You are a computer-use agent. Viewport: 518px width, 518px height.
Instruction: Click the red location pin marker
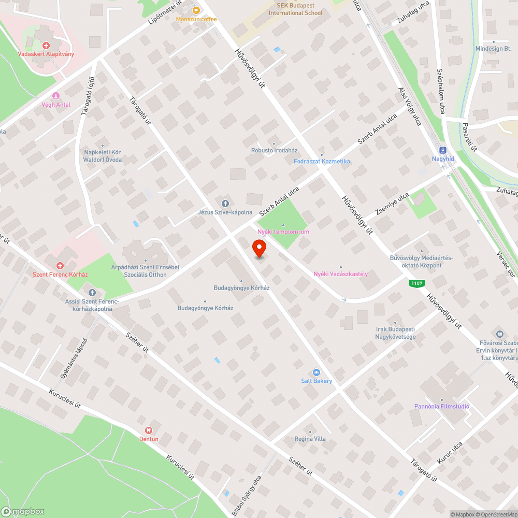click(x=260, y=249)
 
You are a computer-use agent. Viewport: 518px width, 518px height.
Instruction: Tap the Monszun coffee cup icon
click(x=196, y=10)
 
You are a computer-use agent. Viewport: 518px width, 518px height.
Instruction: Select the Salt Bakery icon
click(x=316, y=372)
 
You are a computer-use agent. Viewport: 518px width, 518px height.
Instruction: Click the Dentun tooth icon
click(x=149, y=430)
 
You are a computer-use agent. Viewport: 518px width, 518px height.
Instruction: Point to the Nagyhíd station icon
click(x=443, y=149)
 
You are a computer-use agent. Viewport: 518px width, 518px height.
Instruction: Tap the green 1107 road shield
click(x=416, y=283)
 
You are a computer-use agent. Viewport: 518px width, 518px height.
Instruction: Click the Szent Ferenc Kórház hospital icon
click(x=60, y=265)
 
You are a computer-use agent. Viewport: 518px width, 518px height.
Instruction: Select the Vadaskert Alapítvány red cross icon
click(x=47, y=46)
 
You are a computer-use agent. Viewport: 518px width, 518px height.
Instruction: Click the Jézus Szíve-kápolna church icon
click(x=225, y=204)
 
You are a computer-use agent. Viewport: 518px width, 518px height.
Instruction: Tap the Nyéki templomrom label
click(x=283, y=232)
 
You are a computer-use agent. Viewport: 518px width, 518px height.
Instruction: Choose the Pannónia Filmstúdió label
click(x=442, y=406)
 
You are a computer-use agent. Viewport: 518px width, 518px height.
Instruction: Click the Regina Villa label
click(x=310, y=439)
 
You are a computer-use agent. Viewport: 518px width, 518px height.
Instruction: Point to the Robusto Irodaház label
click(x=275, y=150)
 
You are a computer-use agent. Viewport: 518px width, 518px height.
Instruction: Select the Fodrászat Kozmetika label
click(x=322, y=161)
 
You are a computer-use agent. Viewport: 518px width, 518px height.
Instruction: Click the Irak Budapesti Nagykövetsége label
click(x=395, y=333)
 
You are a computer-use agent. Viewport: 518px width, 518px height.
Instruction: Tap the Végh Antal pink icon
click(x=55, y=96)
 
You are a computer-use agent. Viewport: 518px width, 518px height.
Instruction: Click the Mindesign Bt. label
click(x=493, y=48)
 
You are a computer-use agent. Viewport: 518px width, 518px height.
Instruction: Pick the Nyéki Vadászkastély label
click(x=340, y=274)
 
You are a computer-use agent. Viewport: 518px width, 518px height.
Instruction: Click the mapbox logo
click(x=23, y=511)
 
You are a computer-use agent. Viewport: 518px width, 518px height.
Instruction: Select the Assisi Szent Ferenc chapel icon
click(x=92, y=293)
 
